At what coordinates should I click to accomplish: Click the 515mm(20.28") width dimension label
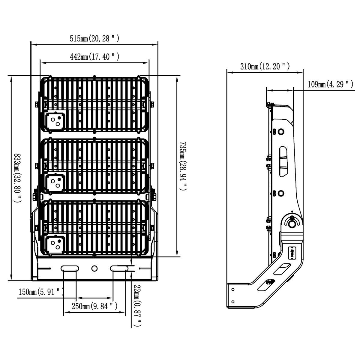[x=94, y=39]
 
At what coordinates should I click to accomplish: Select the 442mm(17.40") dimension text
[x=94, y=57]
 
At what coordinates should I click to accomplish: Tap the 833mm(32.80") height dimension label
[x=18, y=178]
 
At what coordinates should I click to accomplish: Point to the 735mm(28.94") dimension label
[x=183, y=166]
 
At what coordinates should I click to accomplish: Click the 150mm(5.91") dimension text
[x=41, y=292]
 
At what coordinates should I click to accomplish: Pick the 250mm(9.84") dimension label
[x=94, y=306]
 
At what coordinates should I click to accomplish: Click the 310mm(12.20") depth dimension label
[x=265, y=66]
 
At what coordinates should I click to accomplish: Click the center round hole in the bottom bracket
[x=94, y=268]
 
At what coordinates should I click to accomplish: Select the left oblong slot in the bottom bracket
[x=70, y=268]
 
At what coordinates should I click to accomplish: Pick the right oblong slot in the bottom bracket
[x=119, y=268]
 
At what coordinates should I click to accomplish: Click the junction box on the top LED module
[x=55, y=121]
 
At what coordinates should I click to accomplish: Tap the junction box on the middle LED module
[x=55, y=183]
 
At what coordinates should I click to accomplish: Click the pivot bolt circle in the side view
[x=291, y=224]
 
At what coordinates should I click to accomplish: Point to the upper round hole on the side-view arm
[x=280, y=132]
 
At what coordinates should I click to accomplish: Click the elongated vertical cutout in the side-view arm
[x=283, y=161]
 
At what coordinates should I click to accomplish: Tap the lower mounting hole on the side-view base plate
[x=233, y=302]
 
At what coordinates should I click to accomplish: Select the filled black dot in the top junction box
[x=59, y=118]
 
